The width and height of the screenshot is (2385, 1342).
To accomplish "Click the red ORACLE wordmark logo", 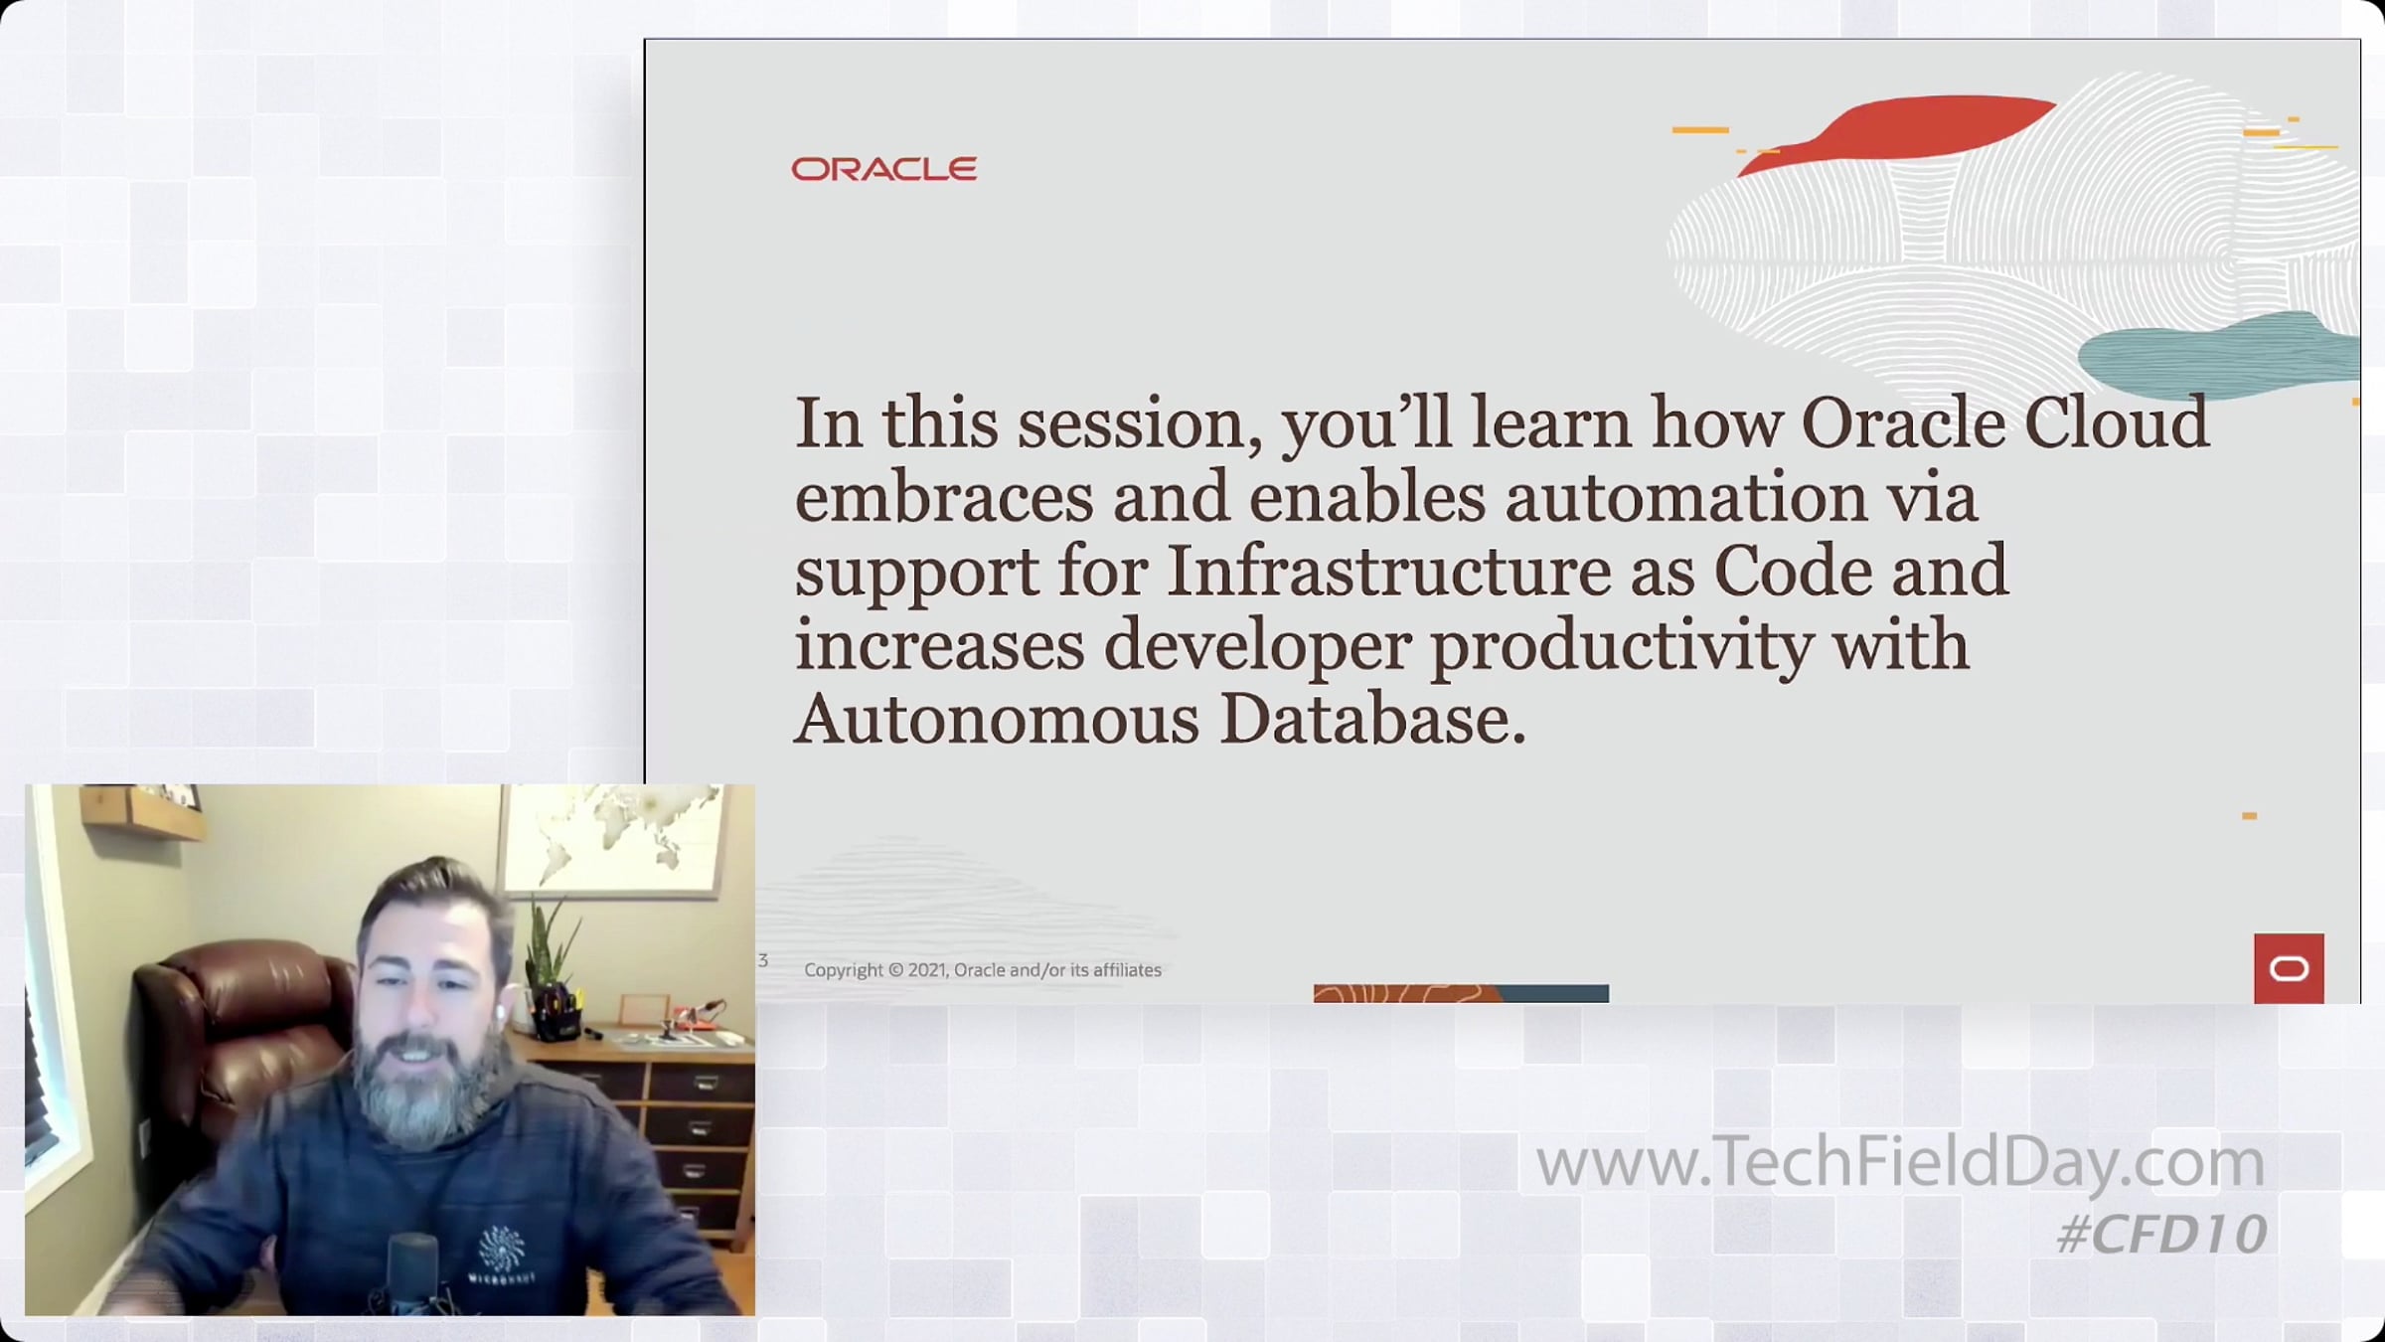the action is (x=883, y=169).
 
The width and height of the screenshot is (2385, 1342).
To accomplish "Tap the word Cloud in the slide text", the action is (x=2117, y=422).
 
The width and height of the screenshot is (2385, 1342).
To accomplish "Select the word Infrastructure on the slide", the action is (x=1388, y=571).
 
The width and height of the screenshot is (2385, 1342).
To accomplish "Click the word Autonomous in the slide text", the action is (x=997, y=719).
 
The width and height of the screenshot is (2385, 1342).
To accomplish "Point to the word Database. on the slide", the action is (x=1372, y=719).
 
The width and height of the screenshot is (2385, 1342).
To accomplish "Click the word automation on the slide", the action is (x=1686, y=497).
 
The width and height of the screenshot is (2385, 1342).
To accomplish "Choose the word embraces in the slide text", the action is (x=944, y=497).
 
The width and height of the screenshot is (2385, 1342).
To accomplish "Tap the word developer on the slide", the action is (x=1257, y=647).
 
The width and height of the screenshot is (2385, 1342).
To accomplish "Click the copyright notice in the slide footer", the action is (x=983, y=970).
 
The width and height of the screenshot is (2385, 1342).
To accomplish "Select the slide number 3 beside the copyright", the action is (x=763, y=960).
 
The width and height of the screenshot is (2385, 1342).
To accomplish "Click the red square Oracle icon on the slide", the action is (x=2289, y=968).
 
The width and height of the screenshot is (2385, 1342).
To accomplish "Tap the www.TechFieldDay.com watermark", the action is (x=1900, y=1161).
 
